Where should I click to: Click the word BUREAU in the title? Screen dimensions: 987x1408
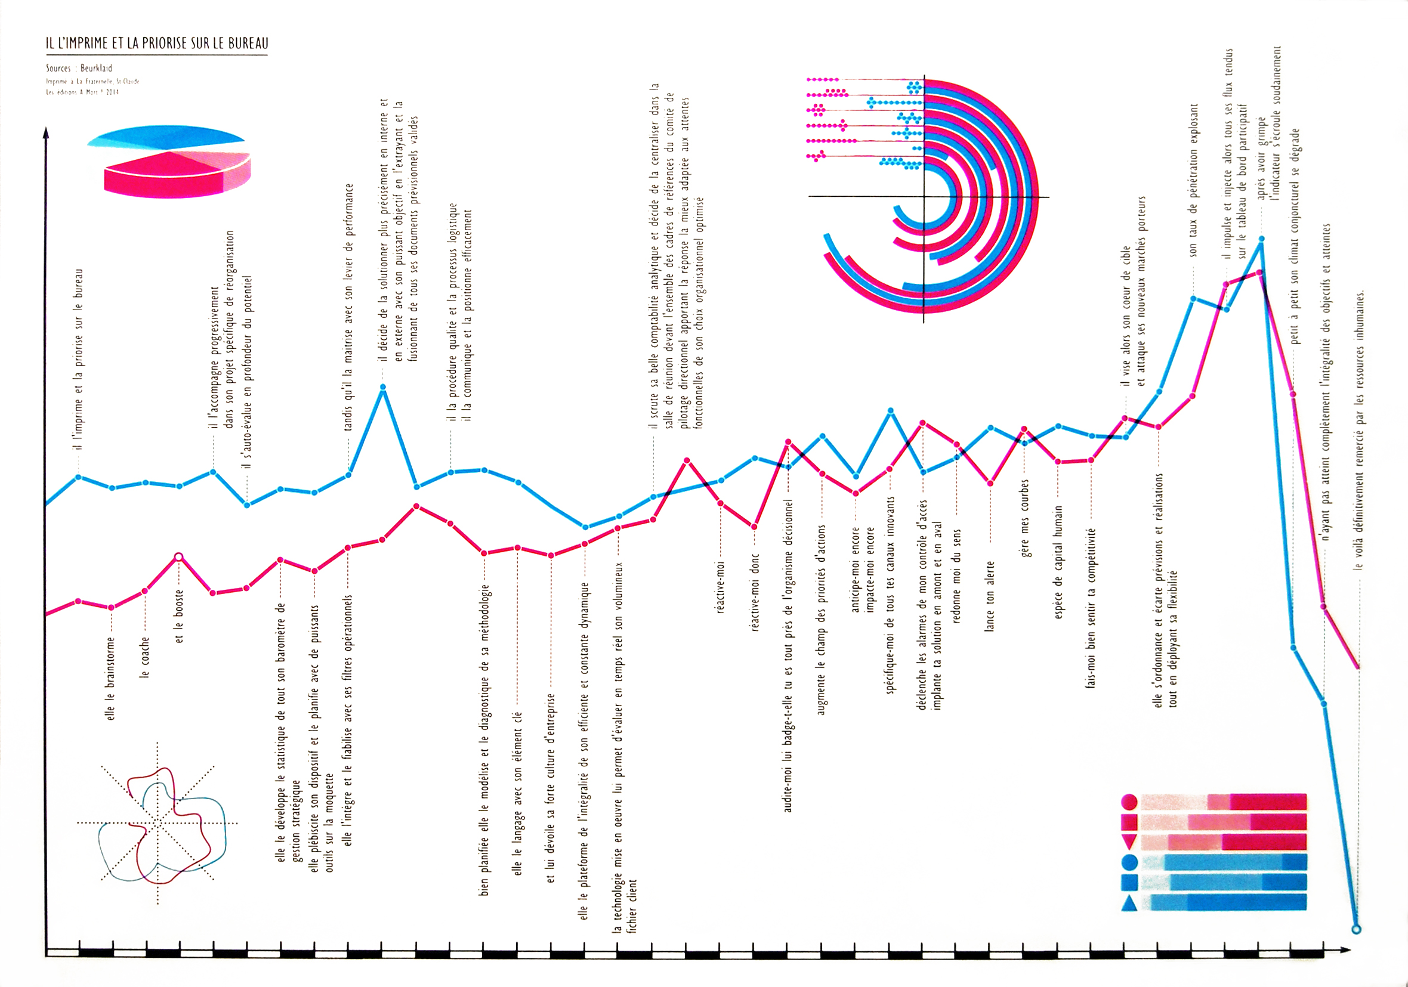point(248,43)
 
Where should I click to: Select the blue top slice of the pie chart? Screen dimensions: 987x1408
point(166,137)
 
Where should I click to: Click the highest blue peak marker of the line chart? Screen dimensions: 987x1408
point(1261,239)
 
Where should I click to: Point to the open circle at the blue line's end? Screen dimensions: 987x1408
point(1356,929)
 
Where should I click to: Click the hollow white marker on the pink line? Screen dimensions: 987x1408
point(178,556)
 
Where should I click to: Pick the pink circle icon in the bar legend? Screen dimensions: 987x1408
point(1129,802)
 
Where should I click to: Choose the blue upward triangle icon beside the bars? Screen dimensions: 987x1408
point(1129,904)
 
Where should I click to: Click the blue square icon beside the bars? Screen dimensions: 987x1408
point(1129,882)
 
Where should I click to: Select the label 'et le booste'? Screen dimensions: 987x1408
point(178,616)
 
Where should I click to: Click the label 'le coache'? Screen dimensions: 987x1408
point(145,657)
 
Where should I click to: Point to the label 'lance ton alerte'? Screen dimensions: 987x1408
point(990,596)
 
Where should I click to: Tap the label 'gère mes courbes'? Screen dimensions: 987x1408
point(1024,518)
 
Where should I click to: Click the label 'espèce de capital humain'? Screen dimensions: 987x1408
point(1058,562)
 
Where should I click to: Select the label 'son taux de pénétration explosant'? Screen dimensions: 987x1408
point(1193,180)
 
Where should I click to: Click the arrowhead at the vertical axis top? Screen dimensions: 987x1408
point(45,132)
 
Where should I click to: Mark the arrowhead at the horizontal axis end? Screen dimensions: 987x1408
point(1345,950)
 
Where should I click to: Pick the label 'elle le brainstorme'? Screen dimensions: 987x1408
point(111,679)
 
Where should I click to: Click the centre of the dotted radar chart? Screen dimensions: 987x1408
point(158,823)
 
